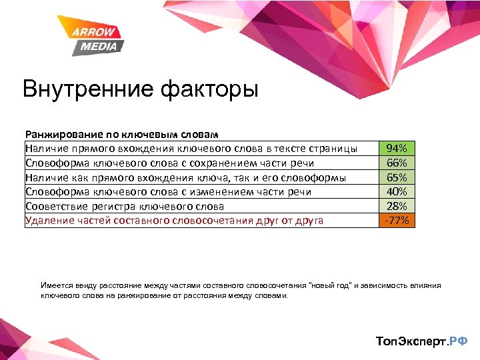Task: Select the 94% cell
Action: point(397,148)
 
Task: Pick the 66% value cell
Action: point(397,163)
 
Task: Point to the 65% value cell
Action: point(397,177)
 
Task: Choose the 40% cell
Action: point(397,191)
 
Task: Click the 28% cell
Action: point(397,206)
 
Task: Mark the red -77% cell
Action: point(397,221)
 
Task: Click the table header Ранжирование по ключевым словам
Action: point(122,134)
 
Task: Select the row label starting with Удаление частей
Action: point(174,221)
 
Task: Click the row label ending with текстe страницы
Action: point(191,148)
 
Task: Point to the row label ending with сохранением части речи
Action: point(169,163)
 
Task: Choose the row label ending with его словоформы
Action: point(185,177)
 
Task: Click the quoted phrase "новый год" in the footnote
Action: point(331,285)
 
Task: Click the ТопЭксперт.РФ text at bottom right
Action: point(422,341)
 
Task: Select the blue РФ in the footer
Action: point(459,341)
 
